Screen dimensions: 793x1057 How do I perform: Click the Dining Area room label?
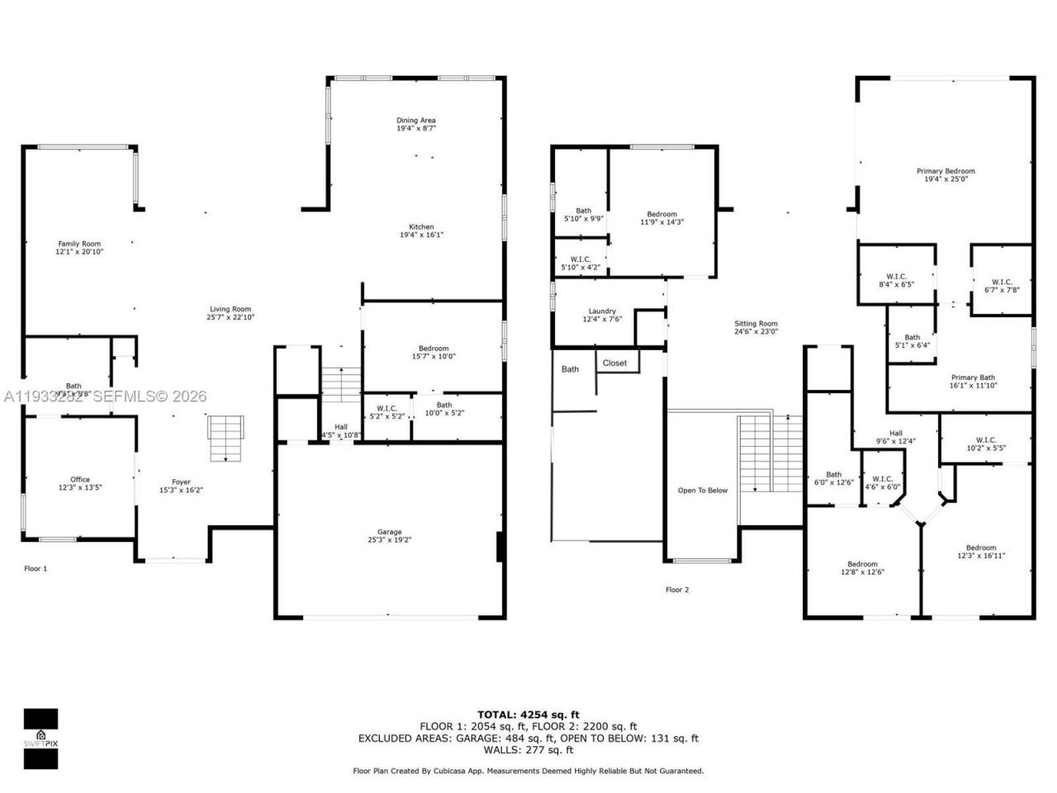click(x=415, y=121)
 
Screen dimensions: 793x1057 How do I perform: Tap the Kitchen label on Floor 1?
click(x=421, y=227)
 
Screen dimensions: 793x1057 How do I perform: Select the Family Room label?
click(x=79, y=244)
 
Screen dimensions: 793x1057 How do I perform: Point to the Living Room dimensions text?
click(x=230, y=317)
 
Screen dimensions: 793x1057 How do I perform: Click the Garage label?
click(x=390, y=532)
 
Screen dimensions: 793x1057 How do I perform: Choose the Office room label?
click(x=80, y=479)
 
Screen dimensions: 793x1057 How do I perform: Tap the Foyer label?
click(x=181, y=482)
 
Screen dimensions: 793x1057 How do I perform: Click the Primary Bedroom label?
click(x=946, y=171)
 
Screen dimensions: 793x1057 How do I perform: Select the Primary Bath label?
click(x=973, y=378)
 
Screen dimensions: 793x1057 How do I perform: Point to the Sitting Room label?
click(x=756, y=324)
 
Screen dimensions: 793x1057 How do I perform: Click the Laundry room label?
click(x=602, y=311)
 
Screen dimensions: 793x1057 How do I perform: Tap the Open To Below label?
click(x=703, y=490)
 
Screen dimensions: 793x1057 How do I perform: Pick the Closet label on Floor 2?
click(x=614, y=363)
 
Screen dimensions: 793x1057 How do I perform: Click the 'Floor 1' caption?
click(x=36, y=568)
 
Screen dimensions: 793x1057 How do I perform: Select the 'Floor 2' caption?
click(x=677, y=590)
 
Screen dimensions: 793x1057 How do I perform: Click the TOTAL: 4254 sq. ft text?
click(x=528, y=715)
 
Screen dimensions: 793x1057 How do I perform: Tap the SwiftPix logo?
click(x=40, y=738)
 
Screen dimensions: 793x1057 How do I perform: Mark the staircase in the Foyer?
click(x=225, y=439)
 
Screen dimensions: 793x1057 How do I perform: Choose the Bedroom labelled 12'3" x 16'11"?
click(x=981, y=548)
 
